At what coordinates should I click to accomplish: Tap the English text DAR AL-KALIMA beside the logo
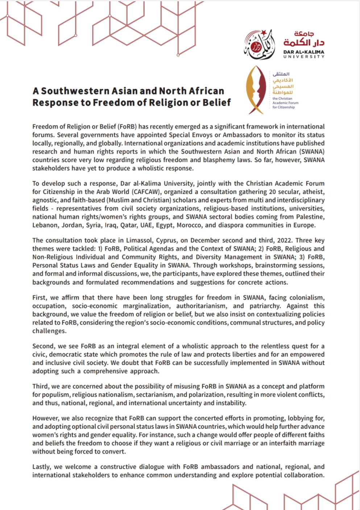point(304,52)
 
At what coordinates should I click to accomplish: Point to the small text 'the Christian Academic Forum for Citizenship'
point(285,103)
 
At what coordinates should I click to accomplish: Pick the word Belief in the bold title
point(216,103)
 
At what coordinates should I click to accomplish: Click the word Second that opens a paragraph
point(43,346)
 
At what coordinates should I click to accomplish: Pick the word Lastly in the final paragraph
point(42,467)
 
